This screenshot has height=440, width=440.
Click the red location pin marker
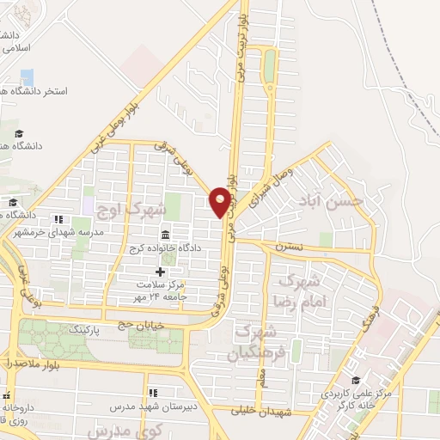[220, 202]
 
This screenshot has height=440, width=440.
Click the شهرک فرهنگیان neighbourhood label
[255, 342]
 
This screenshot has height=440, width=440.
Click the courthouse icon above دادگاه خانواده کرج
[165, 234]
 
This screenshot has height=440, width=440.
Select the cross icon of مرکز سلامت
[160, 272]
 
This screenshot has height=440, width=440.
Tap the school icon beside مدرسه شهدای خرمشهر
[58, 219]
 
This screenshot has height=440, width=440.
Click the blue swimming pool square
[27, 76]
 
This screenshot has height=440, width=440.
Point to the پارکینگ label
[108, 328]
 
